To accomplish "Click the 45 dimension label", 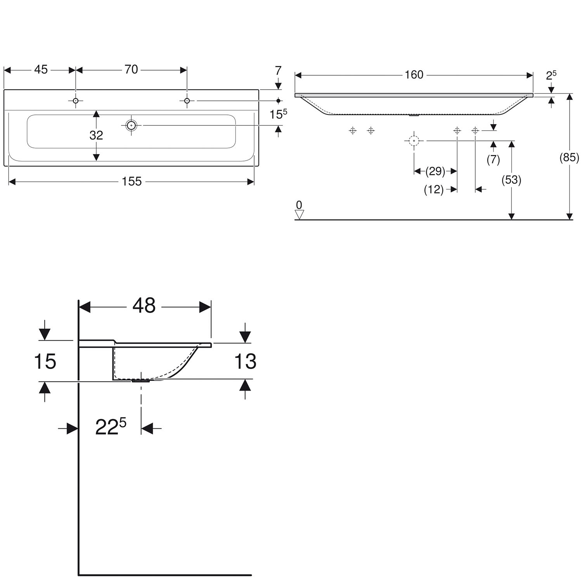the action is click(x=41, y=69).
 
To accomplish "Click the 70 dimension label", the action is click(x=131, y=69).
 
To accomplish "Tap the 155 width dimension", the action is click(x=132, y=181).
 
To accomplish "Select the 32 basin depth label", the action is click(x=96, y=135).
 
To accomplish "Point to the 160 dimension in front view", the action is click(x=414, y=74).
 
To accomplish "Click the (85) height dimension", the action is click(x=569, y=158).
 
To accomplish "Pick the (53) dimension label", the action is click(x=511, y=180).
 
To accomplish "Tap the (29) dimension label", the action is click(x=435, y=171).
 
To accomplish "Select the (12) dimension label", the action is click(x=434, y=189).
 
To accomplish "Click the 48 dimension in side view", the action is click(x=144, y=306).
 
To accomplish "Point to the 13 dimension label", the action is click(x=245, y=362).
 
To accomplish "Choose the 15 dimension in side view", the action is click(x=45, y=361).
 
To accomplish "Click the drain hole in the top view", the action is click(x=132, y=125).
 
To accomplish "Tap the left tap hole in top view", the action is click(x=76, y=101).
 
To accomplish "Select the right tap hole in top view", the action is click(x=187, y=101).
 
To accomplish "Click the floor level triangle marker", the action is click(x=299, y=215).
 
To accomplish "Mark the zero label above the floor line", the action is click(x=299, y=205).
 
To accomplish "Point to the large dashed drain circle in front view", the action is click(x=414, y=141).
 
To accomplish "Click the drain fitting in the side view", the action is click(x=140, y=381).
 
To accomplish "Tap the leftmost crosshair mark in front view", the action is click(x=352, y=131).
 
